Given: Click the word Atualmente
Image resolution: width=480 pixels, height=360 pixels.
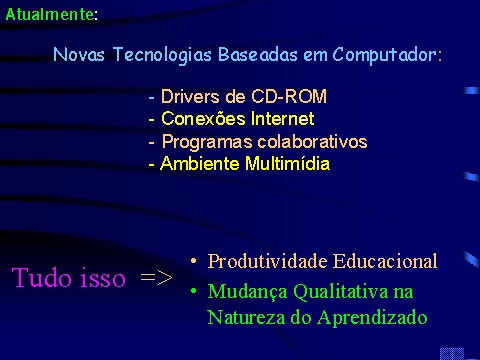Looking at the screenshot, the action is (x=50, y=14).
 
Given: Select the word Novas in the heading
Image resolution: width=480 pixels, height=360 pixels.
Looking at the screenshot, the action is (x=79, y=54).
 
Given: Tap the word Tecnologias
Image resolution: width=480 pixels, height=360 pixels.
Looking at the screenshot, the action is (x=162, y=55).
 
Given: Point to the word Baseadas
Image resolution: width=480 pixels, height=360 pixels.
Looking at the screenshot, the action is (x=257, y=54).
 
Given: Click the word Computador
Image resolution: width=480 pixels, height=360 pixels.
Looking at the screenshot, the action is (x=385, y=55).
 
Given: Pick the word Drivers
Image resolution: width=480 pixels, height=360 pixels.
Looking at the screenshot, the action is (x=190, y=97).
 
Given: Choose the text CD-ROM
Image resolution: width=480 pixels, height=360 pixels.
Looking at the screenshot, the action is (x=289, y=97).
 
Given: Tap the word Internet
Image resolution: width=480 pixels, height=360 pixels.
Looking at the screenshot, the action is (x=283, y=119).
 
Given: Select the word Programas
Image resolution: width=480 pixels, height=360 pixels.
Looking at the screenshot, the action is (x=207, y=142).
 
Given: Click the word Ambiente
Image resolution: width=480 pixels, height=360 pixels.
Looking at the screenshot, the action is (x=200, y=163).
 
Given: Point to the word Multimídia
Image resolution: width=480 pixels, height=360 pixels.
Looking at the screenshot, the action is (x=287, y=163).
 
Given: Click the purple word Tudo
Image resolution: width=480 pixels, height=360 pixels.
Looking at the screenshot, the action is (x=42, y=277).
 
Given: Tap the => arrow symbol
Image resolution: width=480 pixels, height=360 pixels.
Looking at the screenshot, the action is (x=156, y=277).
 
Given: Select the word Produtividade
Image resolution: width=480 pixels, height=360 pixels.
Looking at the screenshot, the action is (x=267, y=261).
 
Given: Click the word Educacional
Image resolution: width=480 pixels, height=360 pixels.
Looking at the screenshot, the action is (x=385, y=261).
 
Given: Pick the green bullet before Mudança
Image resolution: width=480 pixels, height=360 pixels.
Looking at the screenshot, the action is (x=194, y=291).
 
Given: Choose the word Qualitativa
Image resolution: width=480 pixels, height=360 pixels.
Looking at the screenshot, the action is (x=341, y=292).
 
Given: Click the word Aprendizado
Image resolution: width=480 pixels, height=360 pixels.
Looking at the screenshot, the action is (x=372, y=318).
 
